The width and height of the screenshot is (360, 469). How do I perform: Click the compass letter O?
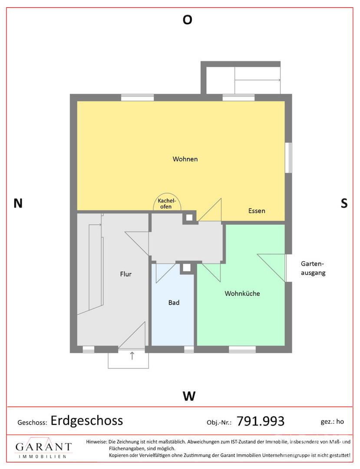pyautogui.click(x=187, y=20)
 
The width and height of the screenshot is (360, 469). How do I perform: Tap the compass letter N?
pyautogui.click(x=18, y=203)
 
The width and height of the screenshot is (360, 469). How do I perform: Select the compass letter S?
pyautogui.click(x=344, y=203)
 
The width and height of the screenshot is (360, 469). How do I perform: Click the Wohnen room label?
pyautogui.click(x=185, y=159)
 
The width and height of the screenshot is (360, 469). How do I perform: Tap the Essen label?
pyautogui.click(x=257, y=211)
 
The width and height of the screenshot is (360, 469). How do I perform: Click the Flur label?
pyautogui.click(x=126, y=274)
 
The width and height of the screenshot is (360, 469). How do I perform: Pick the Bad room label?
pyautogui.click(x=174, y=302)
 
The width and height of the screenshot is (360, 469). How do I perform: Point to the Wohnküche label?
pyautogui.click(x=242, y=294)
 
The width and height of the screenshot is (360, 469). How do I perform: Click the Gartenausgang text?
pyautogui.click(x=313, y=268)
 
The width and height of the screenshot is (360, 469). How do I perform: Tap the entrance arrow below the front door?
pyautogui.click(x=132, y=356)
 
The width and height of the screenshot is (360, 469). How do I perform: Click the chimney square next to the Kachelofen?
pyautogui.click(x=189, y=217)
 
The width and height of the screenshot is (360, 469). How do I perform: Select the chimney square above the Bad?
pyautogui.click(x=187, y=268)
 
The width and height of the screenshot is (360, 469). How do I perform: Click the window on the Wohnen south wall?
pyautogui.click(x=288, y=158)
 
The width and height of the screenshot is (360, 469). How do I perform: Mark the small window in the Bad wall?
pyautogui.click(x=188, y=349)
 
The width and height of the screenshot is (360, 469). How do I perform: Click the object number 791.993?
pyautogui.click(x=260, y=421)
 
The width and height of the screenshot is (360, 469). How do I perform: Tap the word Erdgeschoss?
pyautogui.click(x=87, y=420)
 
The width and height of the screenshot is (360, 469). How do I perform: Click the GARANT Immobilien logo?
pyautogui.click(x=43, y=448)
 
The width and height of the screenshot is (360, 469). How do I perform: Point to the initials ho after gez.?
pyautogui.click(x=340, y=421)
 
